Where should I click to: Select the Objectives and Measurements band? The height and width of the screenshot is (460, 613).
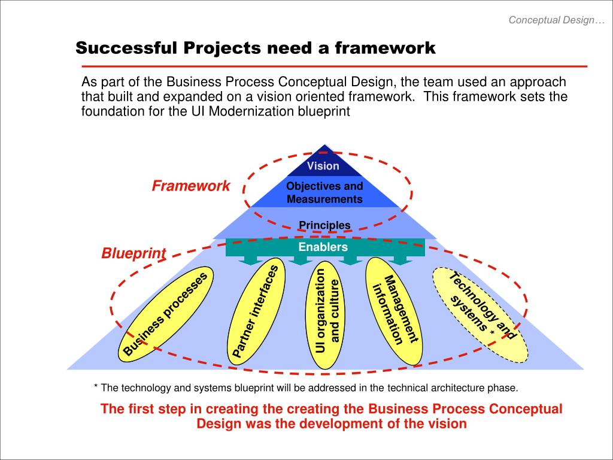[324, 192]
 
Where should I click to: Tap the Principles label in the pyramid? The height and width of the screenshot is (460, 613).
[324, 225]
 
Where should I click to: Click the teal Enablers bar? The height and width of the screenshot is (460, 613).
[323, 247]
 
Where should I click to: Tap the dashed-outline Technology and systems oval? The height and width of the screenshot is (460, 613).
[481, 314]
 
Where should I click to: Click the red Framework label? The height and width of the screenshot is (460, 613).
[190, 186]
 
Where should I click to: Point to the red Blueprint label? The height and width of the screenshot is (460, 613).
[133, 253]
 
